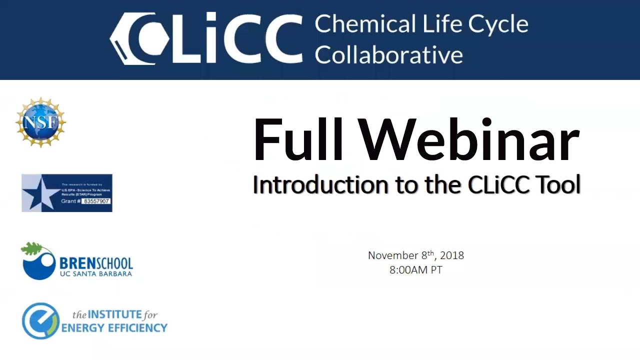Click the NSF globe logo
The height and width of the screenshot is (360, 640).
(41, 122)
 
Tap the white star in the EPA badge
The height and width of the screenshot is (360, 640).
(38, 193)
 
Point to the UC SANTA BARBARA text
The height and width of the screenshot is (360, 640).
(95, 273)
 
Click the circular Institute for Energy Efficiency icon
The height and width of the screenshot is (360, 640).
(40, 321)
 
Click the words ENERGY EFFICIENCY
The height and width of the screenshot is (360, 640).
(114, 328)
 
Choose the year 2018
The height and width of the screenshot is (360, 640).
(452, 255)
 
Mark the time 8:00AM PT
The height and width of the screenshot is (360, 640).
(416, 270)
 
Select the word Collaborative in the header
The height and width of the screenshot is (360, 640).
(388, 54)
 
